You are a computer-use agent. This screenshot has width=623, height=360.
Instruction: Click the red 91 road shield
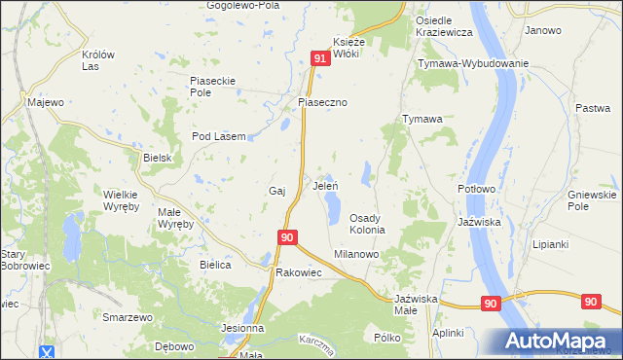(x=320, y=60)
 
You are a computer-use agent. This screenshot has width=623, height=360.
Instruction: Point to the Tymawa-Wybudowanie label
(x=472, y=63)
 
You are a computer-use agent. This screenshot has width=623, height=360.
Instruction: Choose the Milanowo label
(x=356, y=253)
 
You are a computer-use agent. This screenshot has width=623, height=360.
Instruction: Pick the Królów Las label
(x=98, y=60)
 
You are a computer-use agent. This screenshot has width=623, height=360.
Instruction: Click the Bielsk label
(x=157, y=158)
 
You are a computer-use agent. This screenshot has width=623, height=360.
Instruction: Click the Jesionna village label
(x=242, y=328)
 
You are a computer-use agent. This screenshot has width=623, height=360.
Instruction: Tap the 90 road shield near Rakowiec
(x=286, y=236)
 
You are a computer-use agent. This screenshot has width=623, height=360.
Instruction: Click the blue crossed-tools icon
(x=47, y=351)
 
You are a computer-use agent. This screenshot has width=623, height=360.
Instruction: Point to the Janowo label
(x=543, y=30)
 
